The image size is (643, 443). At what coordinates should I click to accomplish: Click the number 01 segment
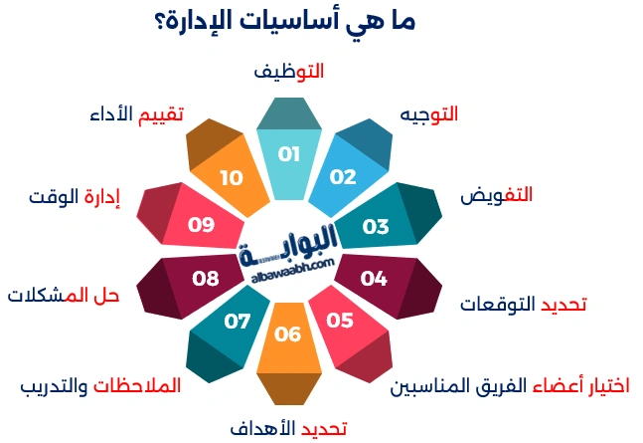(x=288, y=155)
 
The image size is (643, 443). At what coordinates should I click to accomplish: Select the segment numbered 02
(x=343, y=177)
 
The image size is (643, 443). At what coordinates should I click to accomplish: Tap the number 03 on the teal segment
(x=376, y=227)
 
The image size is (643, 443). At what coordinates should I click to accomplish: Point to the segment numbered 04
(x=374, y=278)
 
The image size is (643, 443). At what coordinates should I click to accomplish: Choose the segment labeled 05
(x=340, y=321)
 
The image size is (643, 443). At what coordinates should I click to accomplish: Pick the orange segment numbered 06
(x=287, y=334)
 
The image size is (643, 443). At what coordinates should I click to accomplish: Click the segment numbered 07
(x=238, y=322)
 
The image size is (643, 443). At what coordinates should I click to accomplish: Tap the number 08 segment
(x=205, y=278)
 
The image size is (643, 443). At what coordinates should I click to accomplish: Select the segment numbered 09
(x=202, y=225)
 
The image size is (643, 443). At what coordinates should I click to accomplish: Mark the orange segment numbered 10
(x=232, y=178)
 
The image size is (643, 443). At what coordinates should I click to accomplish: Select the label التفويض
(x=496, y=195)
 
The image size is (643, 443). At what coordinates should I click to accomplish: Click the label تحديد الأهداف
(x=287, y=428)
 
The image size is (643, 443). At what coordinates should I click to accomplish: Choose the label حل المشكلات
(x=64, y=295)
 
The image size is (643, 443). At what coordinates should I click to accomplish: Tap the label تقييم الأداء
(x=136, y=113)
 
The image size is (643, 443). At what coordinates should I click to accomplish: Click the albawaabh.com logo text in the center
(x=288, y=264)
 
